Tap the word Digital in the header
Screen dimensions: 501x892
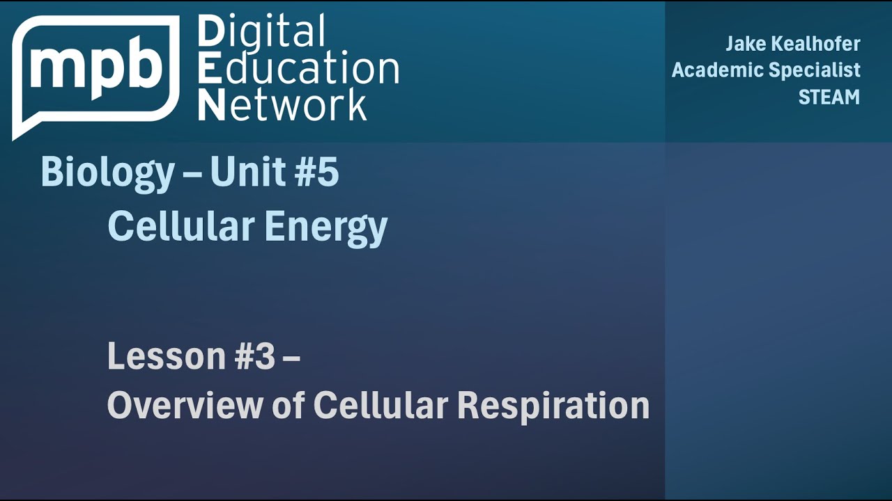(261, 33)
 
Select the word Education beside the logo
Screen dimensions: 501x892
(298, 70)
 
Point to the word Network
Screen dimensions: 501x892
(282, 105)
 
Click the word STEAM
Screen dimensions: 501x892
(829, 97)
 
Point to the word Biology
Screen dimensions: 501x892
(107, 173)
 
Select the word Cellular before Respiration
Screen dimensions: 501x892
(380, 405)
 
